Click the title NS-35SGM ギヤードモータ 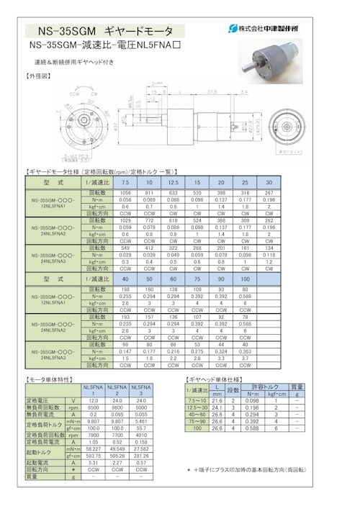point(109,31)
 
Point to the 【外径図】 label point(39,75)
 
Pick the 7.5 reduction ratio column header point(125,183)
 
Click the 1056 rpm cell point(125,194)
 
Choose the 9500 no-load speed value point(94,407)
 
